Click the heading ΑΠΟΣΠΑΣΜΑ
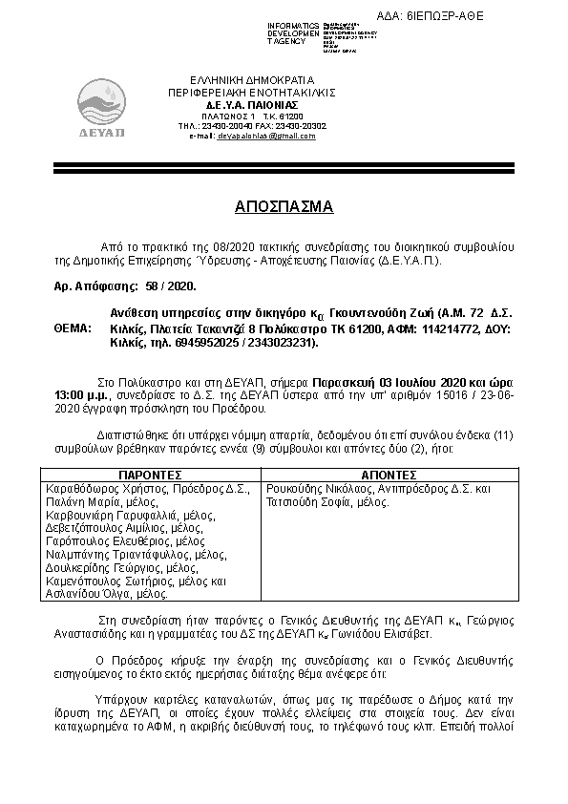click(x=284, y=206)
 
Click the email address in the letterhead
click(x=265, y=136)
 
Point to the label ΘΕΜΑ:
click(x=72, y=328)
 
